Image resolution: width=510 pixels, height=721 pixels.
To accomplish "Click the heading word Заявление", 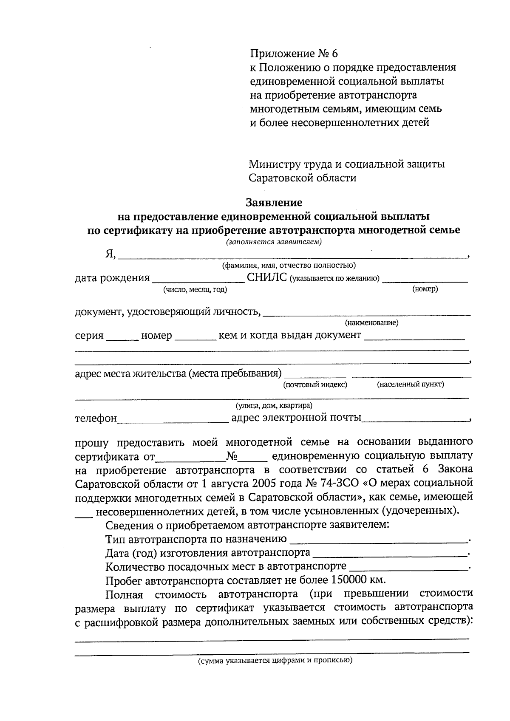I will pyautogui.click(x=274, y=202).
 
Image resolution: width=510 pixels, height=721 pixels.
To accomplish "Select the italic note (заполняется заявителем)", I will pyautogui.click(x=274, y=243).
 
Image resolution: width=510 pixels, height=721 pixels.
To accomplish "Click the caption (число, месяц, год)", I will pyautogui.click(x=195, y=290).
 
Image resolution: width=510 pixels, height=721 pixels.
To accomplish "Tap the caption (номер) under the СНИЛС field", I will pyautogui.click(x=425, y=289).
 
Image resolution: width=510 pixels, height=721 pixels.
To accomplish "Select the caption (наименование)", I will pyautogui.click(x=371, y=323).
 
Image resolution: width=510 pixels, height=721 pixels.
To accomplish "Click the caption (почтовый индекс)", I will pyautogui.click(x=315, y=385).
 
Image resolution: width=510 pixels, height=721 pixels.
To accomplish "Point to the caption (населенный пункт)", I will pyautogui.click(x=410, y=385).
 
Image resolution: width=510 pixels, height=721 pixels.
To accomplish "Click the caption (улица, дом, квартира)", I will pyautogui.click(x=274, y=406).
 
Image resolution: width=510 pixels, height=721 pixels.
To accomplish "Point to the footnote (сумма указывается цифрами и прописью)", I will pyautogui.click(x=275, y=661).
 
